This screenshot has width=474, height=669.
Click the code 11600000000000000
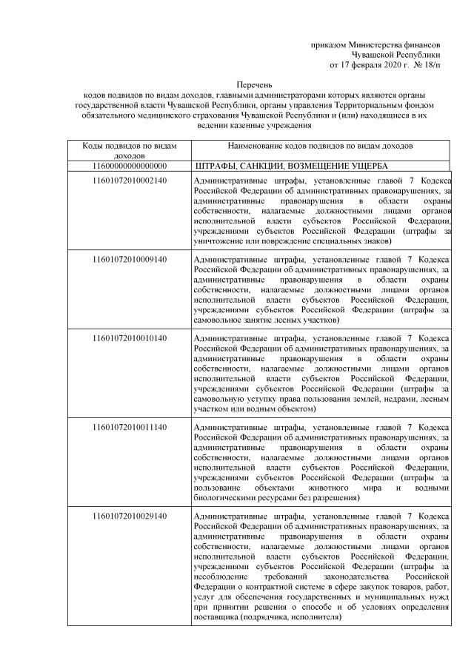point(129,166)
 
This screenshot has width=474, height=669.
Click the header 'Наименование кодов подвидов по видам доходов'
point(321,147)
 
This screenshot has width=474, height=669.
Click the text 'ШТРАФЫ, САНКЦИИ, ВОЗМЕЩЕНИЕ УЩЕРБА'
point(291,166)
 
